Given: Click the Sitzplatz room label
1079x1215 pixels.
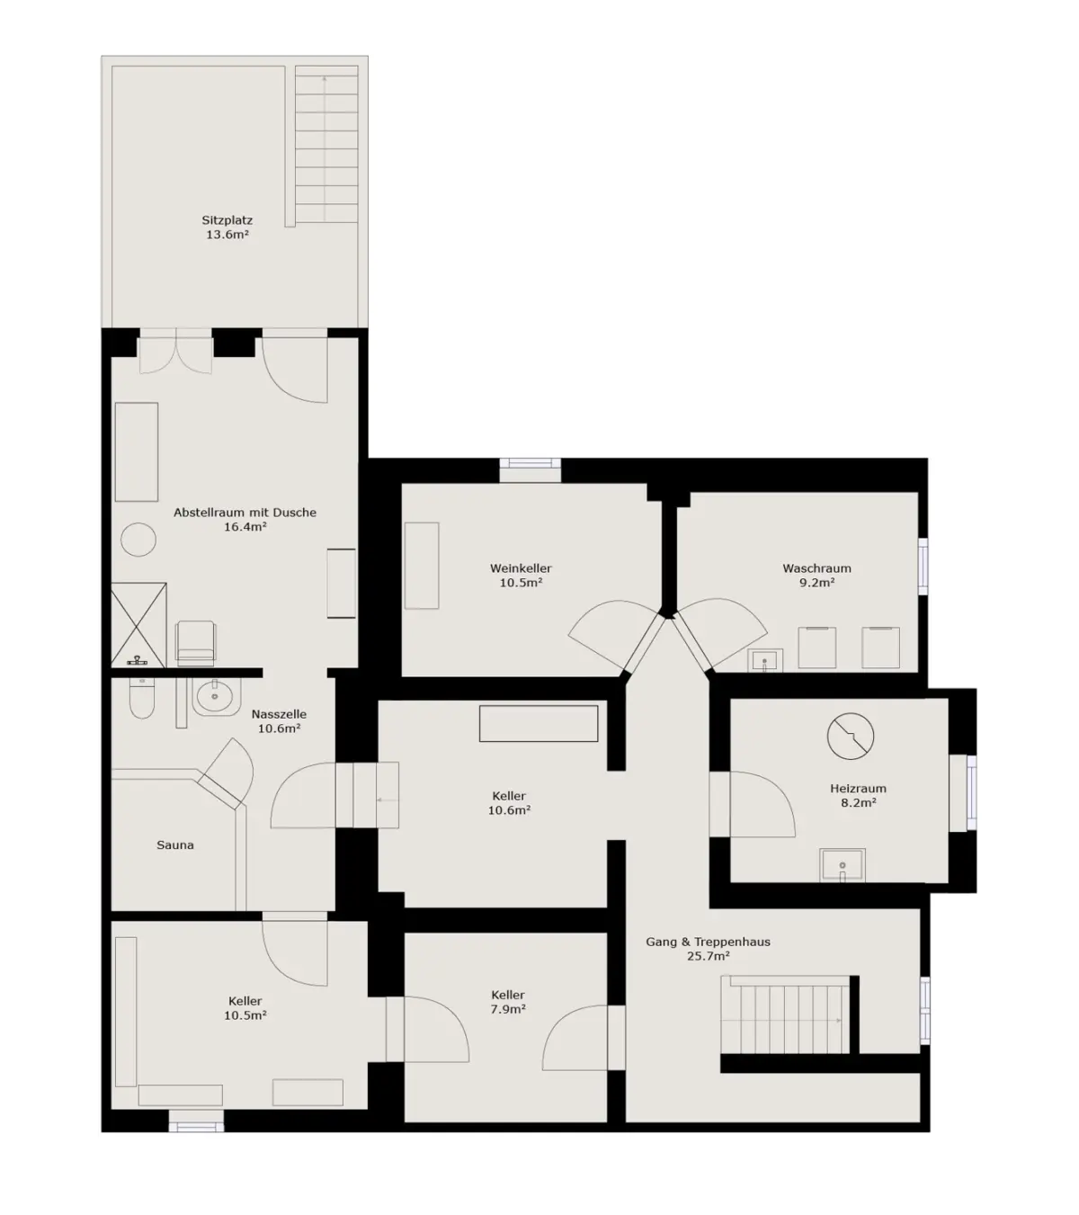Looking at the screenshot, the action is click(x=227, y=220).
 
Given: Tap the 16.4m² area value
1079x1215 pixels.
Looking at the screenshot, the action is click(x=245, y=526).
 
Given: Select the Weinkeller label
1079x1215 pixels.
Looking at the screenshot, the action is click(x=521, y=567).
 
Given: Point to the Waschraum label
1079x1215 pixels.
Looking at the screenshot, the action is click(x=816, y=567).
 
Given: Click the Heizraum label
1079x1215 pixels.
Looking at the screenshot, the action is click(x=858, y=789).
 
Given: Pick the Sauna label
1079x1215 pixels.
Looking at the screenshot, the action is click(x=175, y=845).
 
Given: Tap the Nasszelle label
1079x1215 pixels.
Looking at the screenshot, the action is click(x=279, y=714).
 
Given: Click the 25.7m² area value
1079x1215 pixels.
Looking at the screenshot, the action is click(x=708, y=957).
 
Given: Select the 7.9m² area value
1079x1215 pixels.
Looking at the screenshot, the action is click(x=508, y=1009).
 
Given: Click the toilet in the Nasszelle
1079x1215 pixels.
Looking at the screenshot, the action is click(x=142, y=698).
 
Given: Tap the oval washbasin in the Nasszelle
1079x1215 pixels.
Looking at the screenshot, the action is click(x=215, y=697).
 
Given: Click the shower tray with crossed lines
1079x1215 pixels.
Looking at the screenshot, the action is click(x=138, y=624).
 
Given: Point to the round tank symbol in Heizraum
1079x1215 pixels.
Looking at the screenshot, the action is click(x=850, y=736).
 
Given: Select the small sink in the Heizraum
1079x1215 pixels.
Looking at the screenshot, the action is click(x=843, y=865).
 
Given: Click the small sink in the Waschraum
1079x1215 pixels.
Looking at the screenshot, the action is click(x=764, y=661).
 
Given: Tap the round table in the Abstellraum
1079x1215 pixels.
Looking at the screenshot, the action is click(x=138, y=540).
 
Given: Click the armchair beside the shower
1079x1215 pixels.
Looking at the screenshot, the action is click(x=195, y=644).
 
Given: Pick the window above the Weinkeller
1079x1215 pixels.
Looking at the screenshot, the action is click(x=531, y=469).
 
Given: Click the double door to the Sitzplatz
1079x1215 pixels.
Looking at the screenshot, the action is click(x=175, y=352).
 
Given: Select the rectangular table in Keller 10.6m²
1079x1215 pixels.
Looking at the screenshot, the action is click(x=539, y=723).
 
